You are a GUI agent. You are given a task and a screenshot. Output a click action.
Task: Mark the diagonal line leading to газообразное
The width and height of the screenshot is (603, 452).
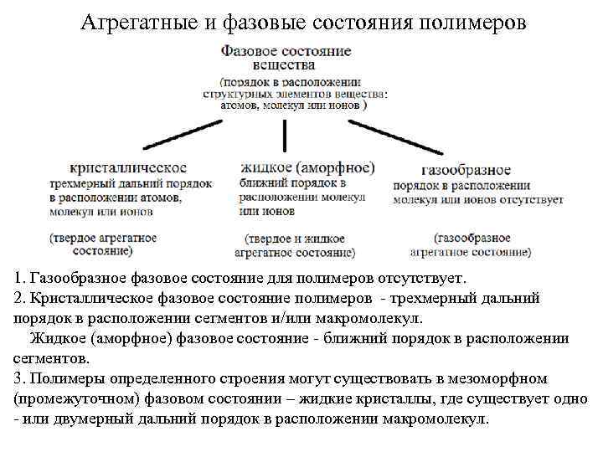[394, 136]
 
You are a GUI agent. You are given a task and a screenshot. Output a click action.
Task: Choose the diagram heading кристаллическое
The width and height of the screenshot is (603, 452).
[128, 167]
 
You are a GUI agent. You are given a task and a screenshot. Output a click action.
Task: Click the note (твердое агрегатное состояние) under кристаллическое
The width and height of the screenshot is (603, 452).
[102, 244]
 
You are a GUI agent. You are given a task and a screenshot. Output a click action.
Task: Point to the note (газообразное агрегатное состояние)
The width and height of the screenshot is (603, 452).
[471, 244]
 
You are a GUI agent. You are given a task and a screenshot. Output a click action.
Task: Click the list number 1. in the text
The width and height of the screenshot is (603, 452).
[20, 277]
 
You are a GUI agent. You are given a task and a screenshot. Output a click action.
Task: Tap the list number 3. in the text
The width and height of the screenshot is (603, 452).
[20, 378]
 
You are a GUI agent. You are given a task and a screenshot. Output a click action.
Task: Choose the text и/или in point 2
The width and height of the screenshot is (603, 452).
[286, 318]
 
